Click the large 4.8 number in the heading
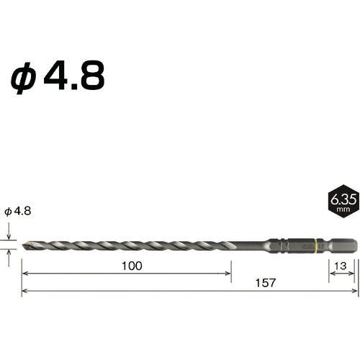[74, 75]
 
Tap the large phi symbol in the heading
[23, 78]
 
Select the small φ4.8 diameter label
[18, 211]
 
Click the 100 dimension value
[132, 266]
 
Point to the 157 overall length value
[266, 283]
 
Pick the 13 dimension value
[341, 266]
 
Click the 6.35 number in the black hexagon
[343, 199]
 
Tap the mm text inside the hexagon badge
[343, 210]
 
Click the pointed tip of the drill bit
[23, 246]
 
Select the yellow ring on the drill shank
[317, 246]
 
